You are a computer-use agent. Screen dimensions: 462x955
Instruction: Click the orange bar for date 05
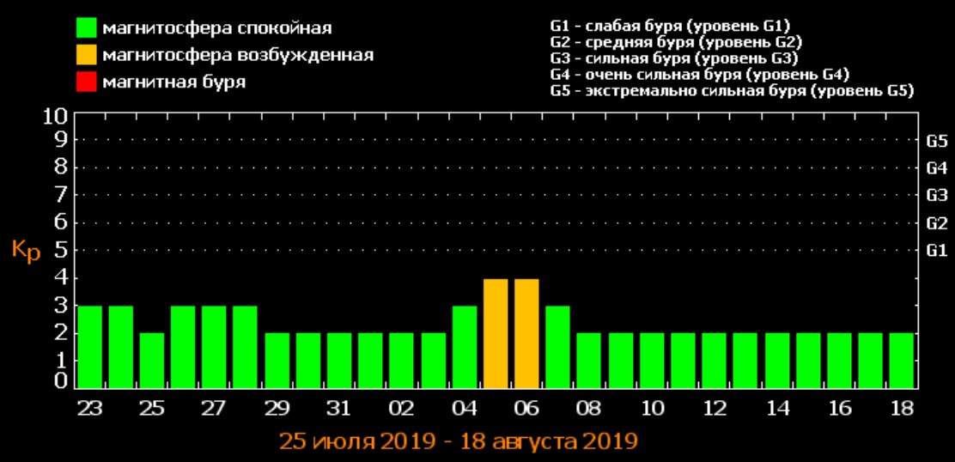496,333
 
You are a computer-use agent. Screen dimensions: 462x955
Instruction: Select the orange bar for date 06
526,333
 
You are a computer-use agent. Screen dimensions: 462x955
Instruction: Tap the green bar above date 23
89,347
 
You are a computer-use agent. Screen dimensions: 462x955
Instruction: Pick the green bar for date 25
152,361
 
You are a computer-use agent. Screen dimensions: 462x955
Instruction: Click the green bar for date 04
465,347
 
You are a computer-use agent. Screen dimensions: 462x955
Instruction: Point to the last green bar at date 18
901,361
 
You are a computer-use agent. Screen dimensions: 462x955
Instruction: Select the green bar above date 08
588,361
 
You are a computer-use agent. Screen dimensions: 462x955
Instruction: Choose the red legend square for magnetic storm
86,83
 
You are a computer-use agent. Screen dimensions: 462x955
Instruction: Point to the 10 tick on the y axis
56,115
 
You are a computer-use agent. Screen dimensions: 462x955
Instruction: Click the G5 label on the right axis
937,142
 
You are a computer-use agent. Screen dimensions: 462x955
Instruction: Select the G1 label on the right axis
937,252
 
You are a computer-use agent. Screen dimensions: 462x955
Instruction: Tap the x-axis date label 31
339,406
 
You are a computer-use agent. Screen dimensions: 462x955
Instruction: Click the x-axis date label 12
714,406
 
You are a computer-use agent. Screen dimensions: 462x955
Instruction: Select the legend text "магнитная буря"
173,83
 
